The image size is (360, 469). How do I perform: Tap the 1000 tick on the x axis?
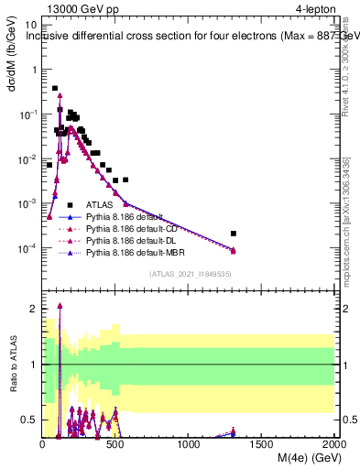[189, 442]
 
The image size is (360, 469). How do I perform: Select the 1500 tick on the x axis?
[262, 442]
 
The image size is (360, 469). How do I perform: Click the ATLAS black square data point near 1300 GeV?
[234, 234]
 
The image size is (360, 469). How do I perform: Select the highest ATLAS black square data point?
[55, 89]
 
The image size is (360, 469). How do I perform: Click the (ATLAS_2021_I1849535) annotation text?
[189, 274]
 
